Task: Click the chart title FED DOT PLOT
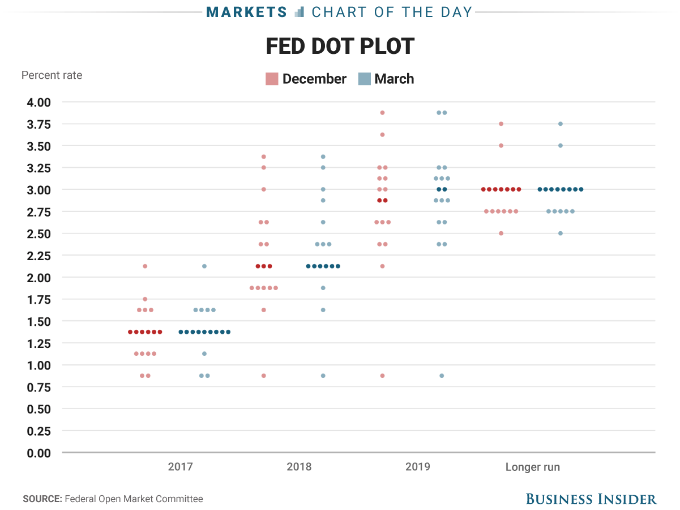[340, 46]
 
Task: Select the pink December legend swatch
[272, 79]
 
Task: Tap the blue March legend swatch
[364, 79]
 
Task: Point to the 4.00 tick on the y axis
[39, 103]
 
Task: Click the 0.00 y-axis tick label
[39, 453]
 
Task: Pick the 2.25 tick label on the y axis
[39, 256]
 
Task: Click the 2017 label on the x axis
[180, 466]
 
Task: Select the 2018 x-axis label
[299, 466]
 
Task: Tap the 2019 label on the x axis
[418, 466]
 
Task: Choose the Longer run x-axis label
[533, 467]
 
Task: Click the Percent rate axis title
[52, 75]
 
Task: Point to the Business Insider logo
[591, 499]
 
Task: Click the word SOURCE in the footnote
[42, 499]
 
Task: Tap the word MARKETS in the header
[247, 12]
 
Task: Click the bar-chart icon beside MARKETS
[299, 12]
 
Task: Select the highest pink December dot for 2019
[382, 113]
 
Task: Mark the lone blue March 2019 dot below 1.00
[442, 376]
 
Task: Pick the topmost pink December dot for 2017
[145, 266]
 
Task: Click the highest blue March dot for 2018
[323, 156]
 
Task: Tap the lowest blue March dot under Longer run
[561, 233]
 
